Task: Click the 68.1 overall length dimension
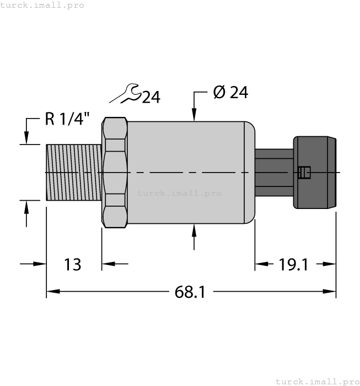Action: click(x=190, y=292)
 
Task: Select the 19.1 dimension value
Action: click(x=293, y=265)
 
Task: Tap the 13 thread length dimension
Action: click(x=73, y=265)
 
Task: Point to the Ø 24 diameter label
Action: click(x=230, y=93)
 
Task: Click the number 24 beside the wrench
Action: click(x=151, y=98)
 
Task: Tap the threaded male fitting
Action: click(x=73, y=172)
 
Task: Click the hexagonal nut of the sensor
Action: click(x=114, y=172)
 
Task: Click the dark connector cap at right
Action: click(x=315, y=172)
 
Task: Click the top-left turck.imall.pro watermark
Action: click(x=42, y=5)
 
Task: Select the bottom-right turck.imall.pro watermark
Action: click(x=316, y=381)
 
